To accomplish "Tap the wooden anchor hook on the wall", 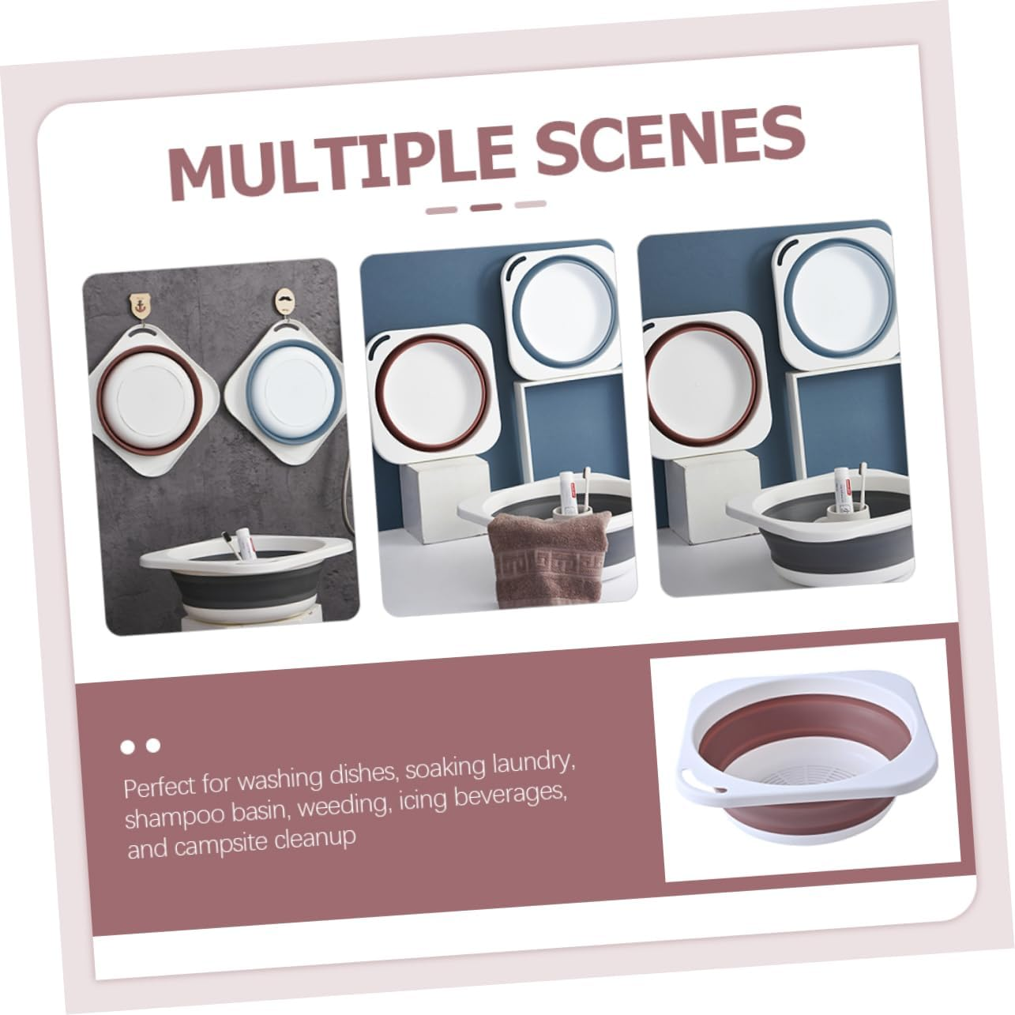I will pyautogui.click(x=141, y=307).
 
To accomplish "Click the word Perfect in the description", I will pyautogui.click(x=158, y=788).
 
